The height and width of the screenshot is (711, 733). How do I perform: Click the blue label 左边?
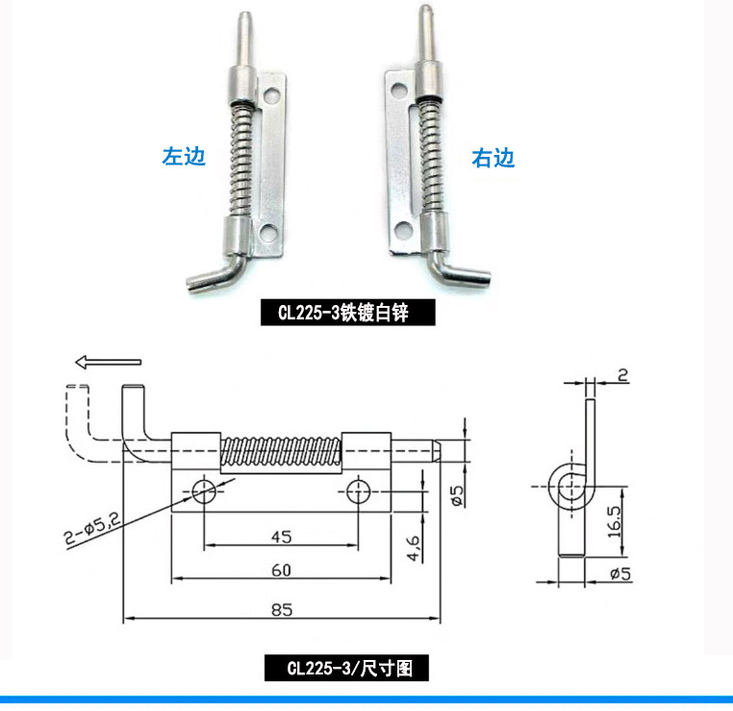pyautogui.click(x=184, y=157)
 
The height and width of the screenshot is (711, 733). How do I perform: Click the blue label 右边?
pyautogui.click(x=493, y=158)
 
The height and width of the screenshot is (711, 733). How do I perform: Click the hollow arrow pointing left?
pyautogui.click(x=107, y=363)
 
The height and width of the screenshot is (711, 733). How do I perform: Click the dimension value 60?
pyautogui.click(x=281, y=570)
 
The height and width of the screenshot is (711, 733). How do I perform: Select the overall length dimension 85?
pyautogui.click(x=282, y=608)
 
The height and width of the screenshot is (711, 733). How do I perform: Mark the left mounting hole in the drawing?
pyautogui.click(x=204, y=491)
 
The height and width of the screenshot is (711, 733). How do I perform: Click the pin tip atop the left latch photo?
pyautogui.click(x=244, y=30)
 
